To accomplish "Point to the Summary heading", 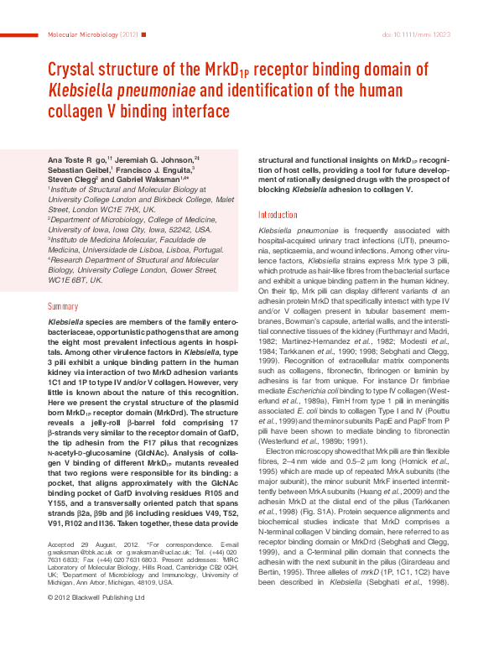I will (63, 307).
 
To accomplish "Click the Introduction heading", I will (277, 215).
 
